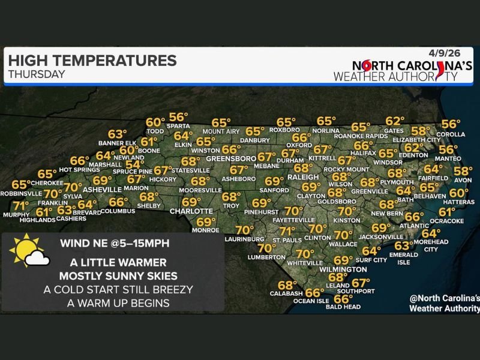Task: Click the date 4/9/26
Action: tap(457, 52)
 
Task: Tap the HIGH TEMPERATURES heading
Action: tap(92, 60)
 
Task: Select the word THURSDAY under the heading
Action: tap(36, 74)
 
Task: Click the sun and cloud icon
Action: tap(29, 252)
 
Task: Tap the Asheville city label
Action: tap(89, 189)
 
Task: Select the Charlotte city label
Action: tap(191, 211)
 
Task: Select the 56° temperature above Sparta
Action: tap(178, 117)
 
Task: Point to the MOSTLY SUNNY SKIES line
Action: tap(118, 275)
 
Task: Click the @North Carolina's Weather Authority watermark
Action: tap(444, 303)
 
